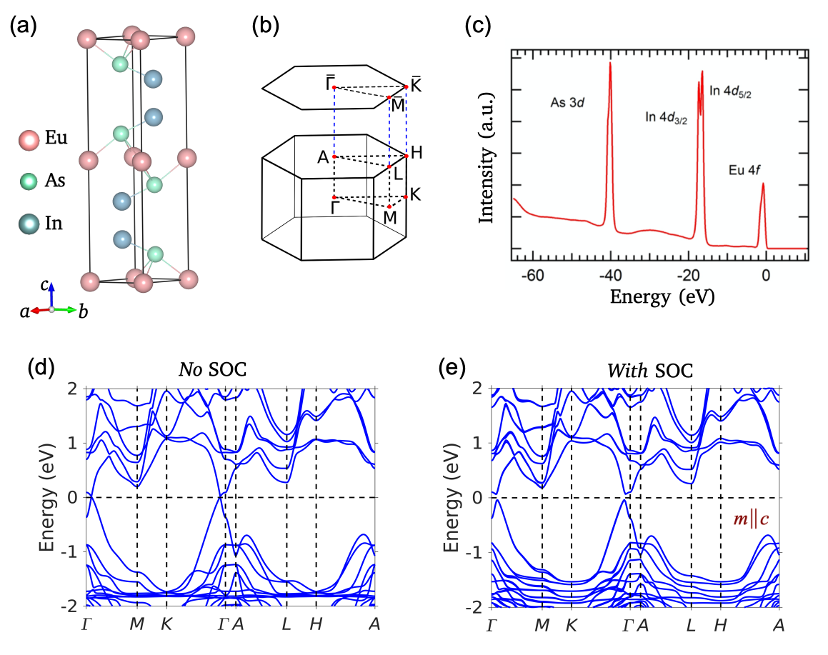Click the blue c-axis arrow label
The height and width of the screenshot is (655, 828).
44,284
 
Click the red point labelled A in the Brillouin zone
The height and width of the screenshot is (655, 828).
334,156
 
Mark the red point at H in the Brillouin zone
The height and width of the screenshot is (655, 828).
406,156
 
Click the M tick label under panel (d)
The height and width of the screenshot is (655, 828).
136,624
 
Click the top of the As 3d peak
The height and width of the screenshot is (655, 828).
610,64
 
